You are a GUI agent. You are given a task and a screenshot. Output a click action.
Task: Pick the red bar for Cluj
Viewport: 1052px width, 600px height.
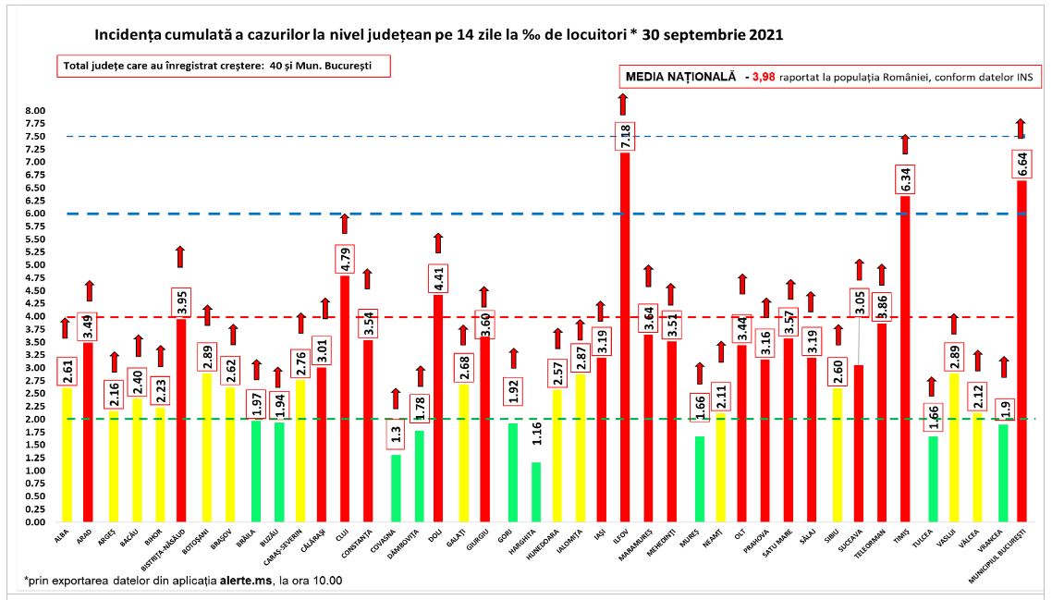[344, 398]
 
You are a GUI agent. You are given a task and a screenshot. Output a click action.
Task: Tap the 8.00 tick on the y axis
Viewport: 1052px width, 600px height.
[35, 111]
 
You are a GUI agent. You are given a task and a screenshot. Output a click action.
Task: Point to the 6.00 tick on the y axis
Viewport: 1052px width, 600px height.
[35, 214]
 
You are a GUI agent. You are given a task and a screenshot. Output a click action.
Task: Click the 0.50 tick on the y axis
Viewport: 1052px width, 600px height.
[35, 496]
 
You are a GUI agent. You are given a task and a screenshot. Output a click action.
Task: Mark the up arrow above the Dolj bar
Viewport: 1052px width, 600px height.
[438, 242]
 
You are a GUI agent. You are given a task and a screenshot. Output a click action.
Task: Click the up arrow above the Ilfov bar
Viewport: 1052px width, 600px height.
[625, 104]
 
